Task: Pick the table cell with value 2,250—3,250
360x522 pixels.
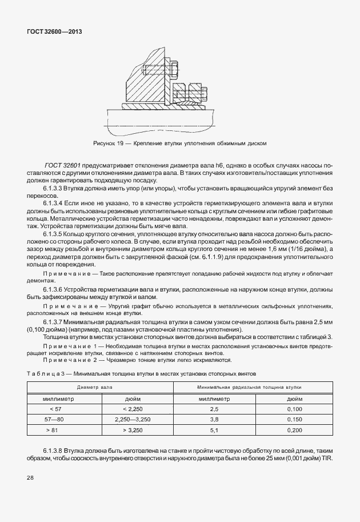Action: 129,419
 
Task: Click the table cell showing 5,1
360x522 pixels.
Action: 215,429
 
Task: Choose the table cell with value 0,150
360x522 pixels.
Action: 294,419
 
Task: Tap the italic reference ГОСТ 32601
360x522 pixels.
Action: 62,165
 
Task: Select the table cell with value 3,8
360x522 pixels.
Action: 215,419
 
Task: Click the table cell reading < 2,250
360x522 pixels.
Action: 129,409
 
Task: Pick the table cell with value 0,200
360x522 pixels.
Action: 294,429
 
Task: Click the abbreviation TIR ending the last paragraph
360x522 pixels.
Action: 327,460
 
